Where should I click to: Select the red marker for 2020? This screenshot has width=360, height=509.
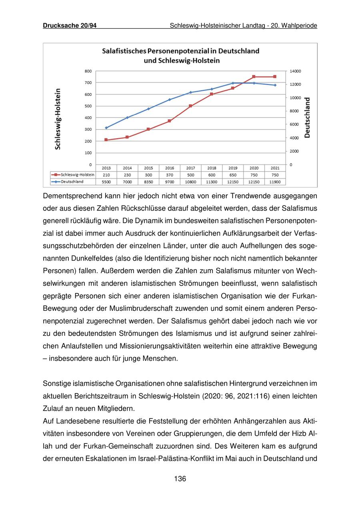click(x=254, y=77)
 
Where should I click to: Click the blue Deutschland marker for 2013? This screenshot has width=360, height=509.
click(x=106, y=128)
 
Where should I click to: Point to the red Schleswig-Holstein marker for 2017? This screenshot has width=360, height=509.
click(x=190, y=106)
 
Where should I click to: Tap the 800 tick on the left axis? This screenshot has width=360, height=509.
click(x=88, y=71)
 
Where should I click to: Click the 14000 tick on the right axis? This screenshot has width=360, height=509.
click(x=296, y=71)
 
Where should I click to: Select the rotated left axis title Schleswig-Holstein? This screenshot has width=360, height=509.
click(x=58, y=119)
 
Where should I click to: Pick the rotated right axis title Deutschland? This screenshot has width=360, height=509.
click(x=307, y=118)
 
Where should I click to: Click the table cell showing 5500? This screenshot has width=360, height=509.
click(x=106, y=182)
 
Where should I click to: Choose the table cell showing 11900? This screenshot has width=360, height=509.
click(x=275, y=182)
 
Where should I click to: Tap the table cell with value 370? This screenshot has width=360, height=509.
click(x=170, y=175)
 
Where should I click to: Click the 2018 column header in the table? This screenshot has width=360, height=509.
click(x=212, y=168)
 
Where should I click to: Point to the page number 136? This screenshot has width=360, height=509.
click(x=180, y=479)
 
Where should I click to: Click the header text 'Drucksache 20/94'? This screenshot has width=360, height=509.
click(x=70, y=26)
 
